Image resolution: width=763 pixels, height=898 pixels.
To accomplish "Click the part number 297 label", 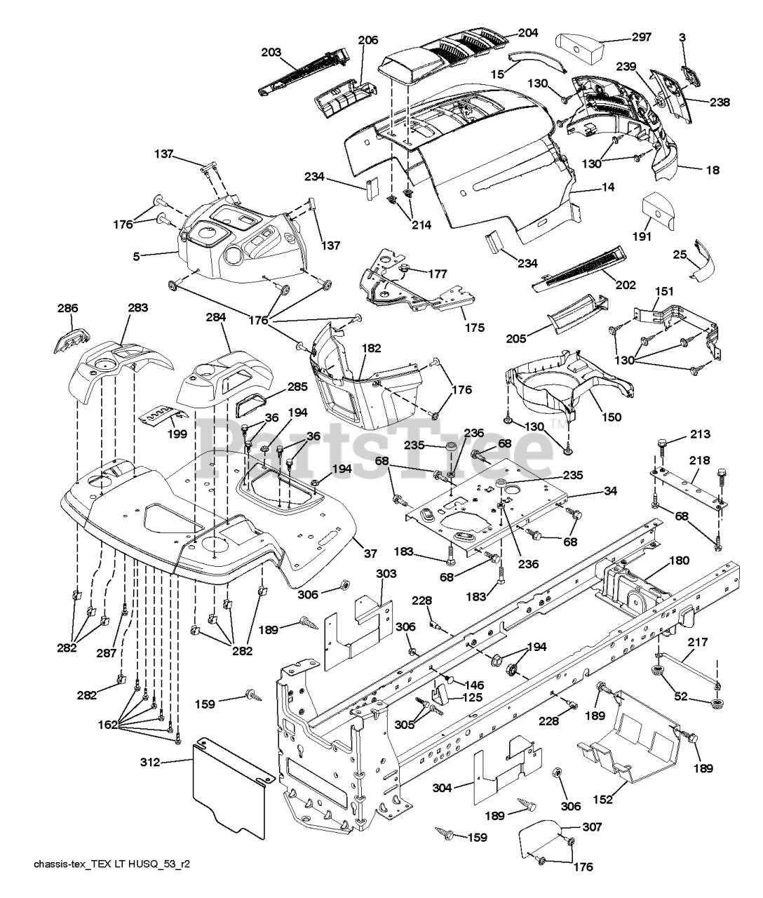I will point(640,37).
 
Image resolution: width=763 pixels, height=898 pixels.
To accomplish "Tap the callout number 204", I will point(528,32).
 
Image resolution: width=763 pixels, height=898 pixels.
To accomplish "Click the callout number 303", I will point(386,573).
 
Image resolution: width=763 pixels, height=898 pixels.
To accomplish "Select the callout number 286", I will point(68,308).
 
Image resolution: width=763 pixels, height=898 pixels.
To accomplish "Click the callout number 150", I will point(611,417).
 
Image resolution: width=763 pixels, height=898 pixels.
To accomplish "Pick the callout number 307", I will point(592,828).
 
